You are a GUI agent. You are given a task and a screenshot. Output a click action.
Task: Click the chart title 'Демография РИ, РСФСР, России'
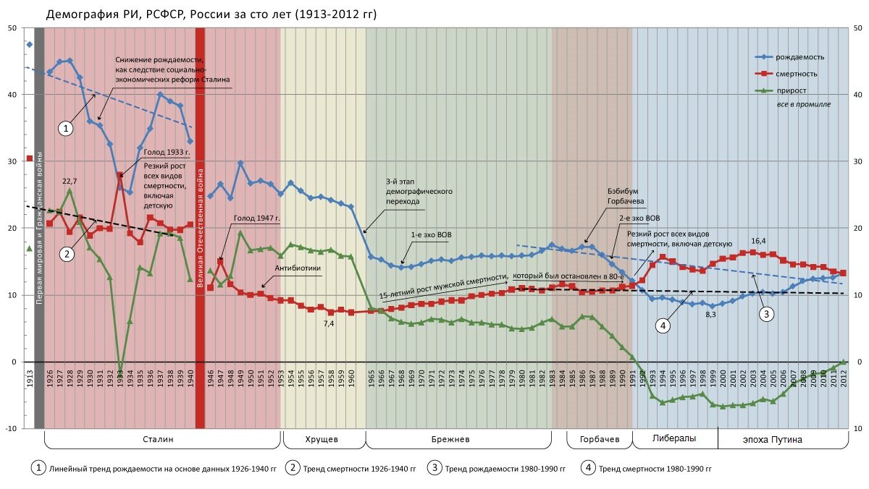(x=211, y=14)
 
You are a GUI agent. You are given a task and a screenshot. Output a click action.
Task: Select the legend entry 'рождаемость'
(x=799, y=57)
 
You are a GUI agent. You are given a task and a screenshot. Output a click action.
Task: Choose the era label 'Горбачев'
(x=600, y=439)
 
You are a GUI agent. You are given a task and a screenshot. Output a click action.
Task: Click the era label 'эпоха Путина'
(x=773, y=439)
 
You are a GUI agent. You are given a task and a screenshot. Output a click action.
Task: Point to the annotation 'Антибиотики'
(x=297, y=267)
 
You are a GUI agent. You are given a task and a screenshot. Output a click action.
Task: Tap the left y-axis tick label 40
(x=12, y=95)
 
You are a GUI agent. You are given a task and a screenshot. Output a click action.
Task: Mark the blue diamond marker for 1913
(x=30, y=45)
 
